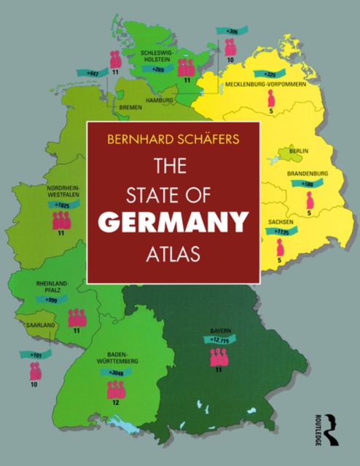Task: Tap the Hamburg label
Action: [159, 99]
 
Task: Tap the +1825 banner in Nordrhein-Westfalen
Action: [63, 206]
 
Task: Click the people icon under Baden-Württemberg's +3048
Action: [116, 390]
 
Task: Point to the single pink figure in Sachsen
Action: [280, 248]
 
